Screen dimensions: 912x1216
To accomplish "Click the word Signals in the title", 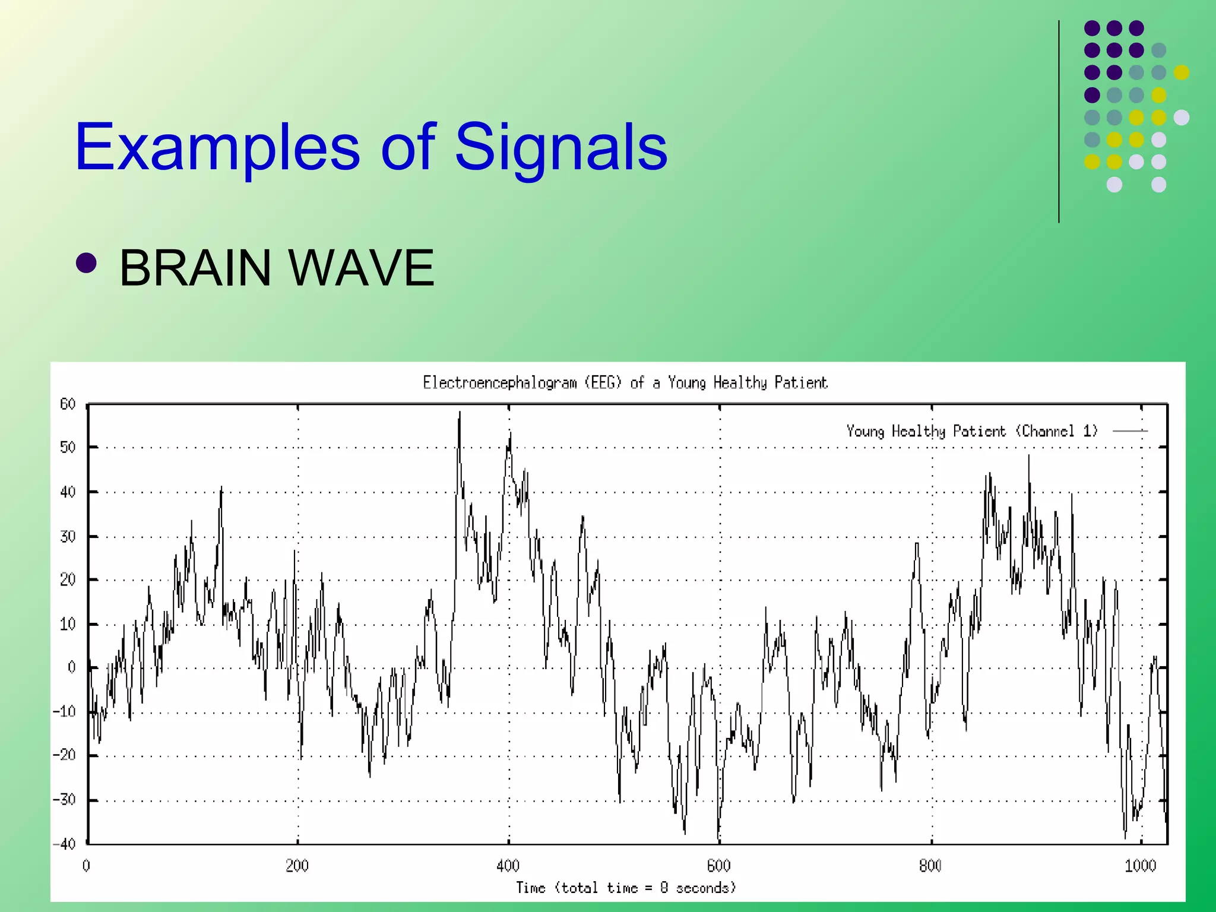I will coord(560,147).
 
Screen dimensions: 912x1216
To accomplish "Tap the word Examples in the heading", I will coord(217,147).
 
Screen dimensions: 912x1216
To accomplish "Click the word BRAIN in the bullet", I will coord(195,268).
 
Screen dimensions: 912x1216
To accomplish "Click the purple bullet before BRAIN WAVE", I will coord(87,263).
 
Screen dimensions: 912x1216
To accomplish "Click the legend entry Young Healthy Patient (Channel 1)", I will coord(972,431).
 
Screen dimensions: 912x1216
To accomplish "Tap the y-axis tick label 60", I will coord(68,404).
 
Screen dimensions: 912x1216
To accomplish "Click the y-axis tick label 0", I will coord(71,667).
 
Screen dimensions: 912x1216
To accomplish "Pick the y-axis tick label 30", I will coord(68,536).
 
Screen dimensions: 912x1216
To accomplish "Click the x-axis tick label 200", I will coord(297,866).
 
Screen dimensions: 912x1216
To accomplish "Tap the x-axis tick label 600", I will coord(718,866).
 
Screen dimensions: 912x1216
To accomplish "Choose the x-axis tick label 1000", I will coord(1141,866).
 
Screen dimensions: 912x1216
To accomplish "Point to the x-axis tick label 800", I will coord(930,866).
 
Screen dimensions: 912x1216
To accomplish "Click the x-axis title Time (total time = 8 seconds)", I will coord(626,888).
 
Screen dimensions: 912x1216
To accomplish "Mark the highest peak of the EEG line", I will coord(460,413).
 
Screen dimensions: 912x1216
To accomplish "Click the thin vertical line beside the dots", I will coord(1059,122).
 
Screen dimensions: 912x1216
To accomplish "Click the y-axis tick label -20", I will coord(64,755).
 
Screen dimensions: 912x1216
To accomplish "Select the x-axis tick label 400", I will coord(508,866).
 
